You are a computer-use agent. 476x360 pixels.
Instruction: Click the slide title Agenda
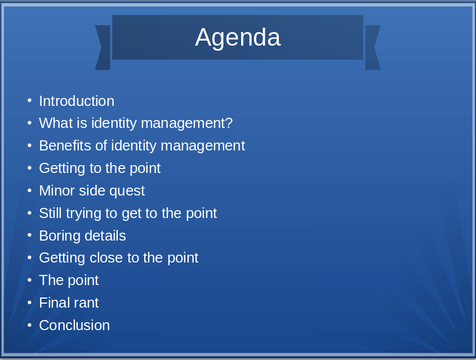237,38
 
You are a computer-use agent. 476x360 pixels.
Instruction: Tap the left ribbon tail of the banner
103,48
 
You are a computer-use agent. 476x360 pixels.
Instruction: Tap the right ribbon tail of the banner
372,48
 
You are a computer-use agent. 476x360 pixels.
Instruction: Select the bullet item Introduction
76,101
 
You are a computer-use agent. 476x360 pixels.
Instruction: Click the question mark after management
229,123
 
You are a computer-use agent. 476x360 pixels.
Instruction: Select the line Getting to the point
99,168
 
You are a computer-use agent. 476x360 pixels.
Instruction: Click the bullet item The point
68,281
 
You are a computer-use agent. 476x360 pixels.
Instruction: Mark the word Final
52,303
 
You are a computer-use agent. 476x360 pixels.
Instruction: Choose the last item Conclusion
74,326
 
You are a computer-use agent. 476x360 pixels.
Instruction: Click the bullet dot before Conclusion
29,325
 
